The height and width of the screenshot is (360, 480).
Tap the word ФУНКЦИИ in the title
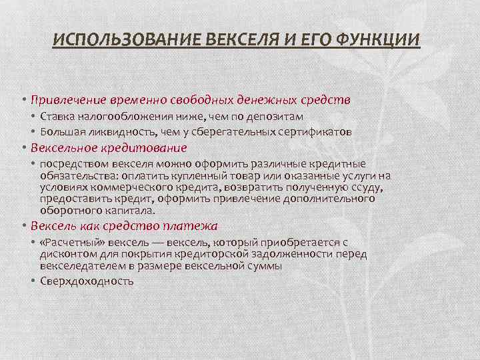(378, 40)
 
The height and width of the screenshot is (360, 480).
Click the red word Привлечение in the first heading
(69, 100)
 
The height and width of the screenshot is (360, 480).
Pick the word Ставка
(57, 116)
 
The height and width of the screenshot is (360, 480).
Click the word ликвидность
(123, 132)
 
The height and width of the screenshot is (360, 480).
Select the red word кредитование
(144, 148)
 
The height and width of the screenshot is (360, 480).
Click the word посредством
(75, 164)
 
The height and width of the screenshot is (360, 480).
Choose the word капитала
(131, 210)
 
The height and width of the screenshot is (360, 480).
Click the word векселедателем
(83, 266)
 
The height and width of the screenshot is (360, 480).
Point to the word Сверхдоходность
(87, 281)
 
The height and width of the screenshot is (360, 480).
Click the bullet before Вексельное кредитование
(24, 148)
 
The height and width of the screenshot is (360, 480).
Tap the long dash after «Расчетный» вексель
(158, 243)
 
